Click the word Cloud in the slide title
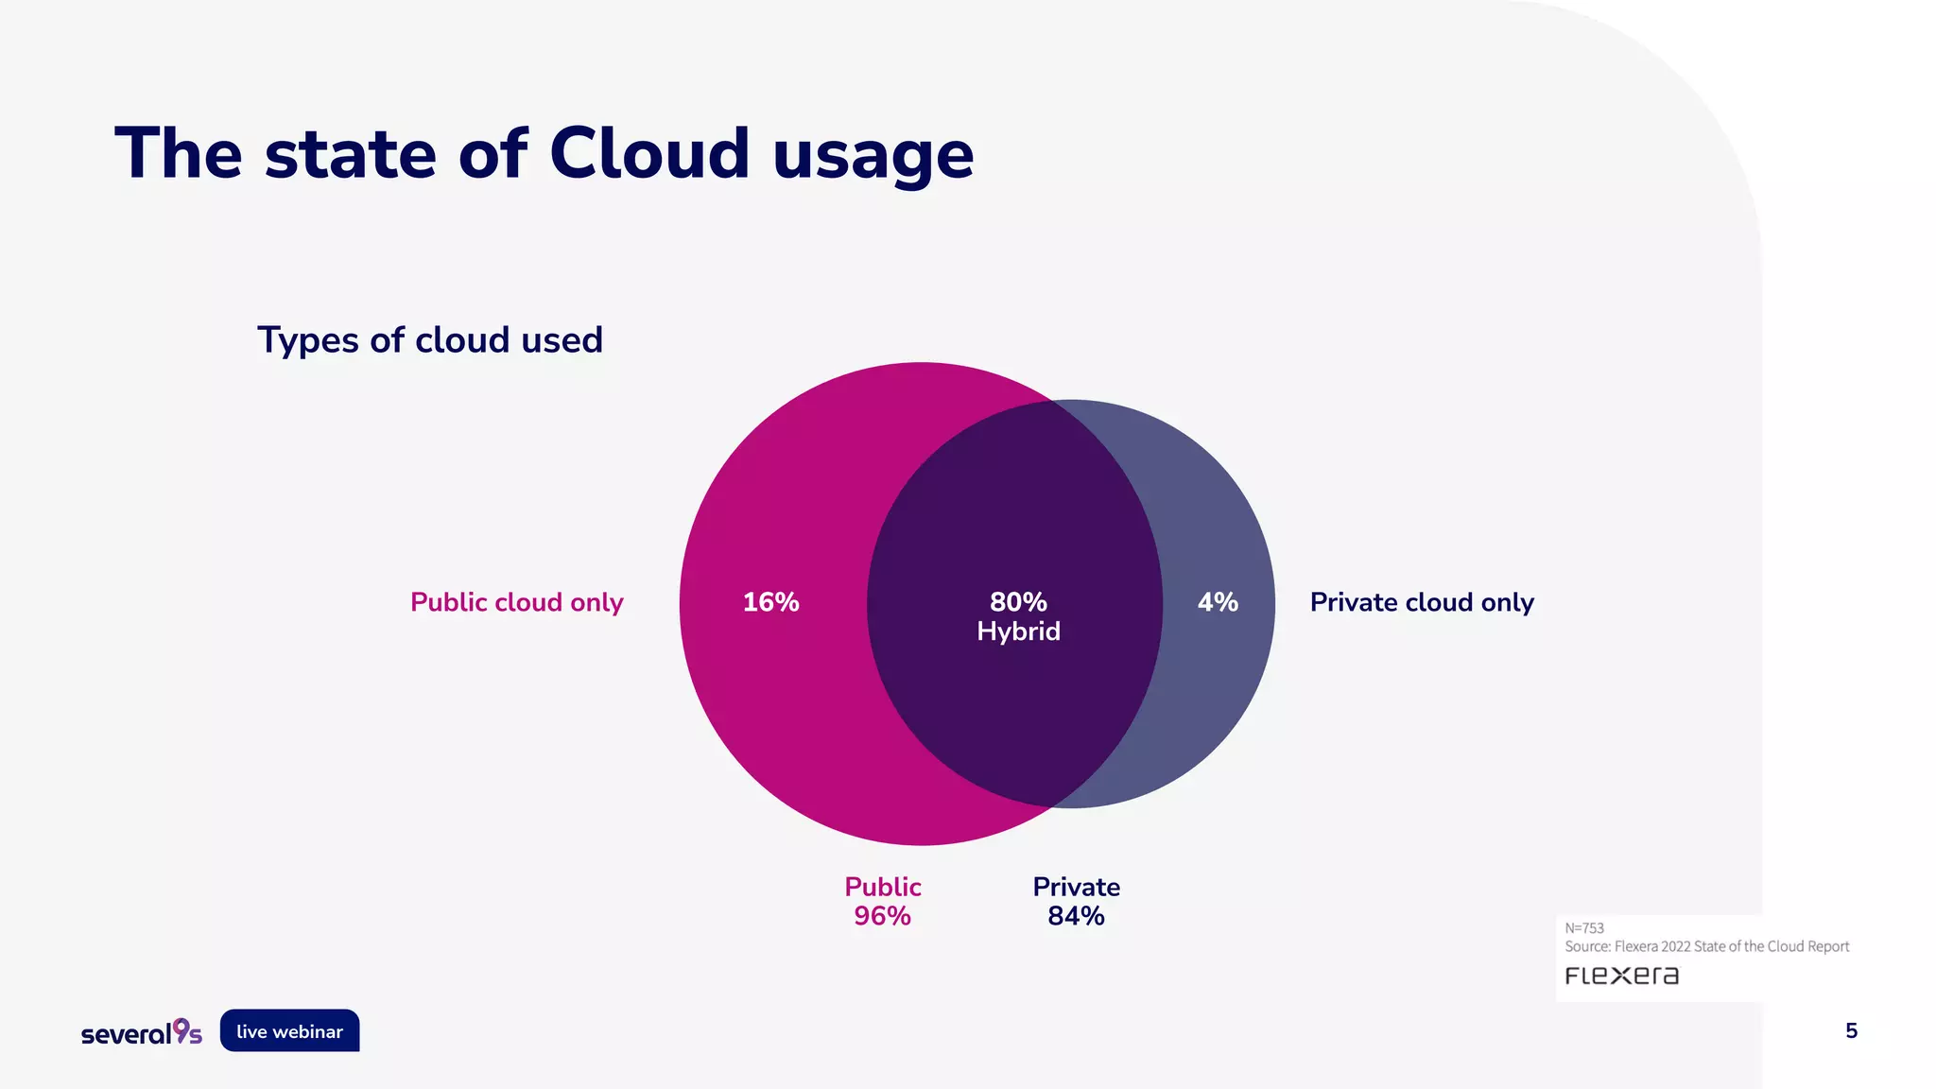point(649,153)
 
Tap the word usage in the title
point(873,157)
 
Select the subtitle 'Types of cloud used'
point(430,340)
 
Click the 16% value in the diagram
point(770,602)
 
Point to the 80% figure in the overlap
point(1018,601)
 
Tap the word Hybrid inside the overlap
point(1018,631)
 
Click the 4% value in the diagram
point(1218,602)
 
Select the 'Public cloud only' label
point(516,602)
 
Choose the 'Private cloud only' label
point(1422,602)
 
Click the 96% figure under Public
point(882,916)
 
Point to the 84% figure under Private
point(1076,916)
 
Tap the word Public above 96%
point(883,887)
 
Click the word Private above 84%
point(1076,887)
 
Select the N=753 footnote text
point(1584,928)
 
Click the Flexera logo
point(1622,976)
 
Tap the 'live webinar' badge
point(289,1031)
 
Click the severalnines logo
point(142,1032)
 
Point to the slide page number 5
point(1851,1031)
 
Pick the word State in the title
point(350,153)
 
